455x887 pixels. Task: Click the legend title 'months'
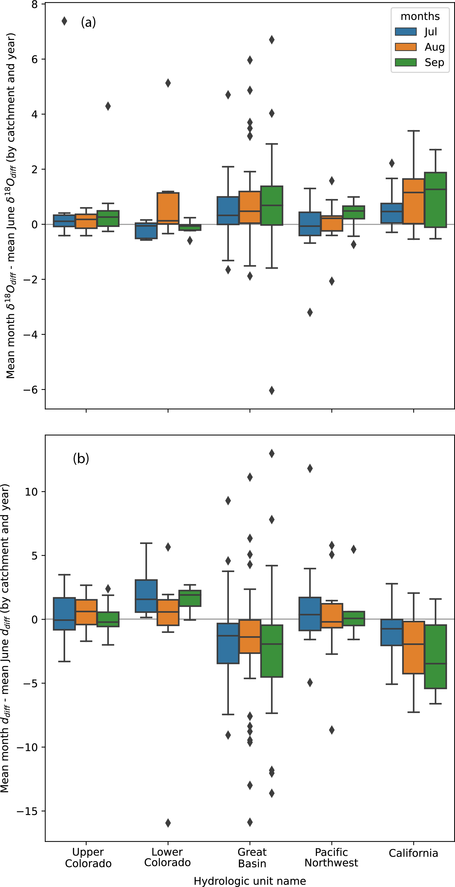[420, 16]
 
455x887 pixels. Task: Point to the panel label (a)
[88, 22]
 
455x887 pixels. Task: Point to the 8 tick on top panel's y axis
[34, 5]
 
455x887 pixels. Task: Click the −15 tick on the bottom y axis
[27, 811]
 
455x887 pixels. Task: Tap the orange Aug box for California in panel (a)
[413, 201]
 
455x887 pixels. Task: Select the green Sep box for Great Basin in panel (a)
[272, 206]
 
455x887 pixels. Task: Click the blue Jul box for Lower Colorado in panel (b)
[146, 596]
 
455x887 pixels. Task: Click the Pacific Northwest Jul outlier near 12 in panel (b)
[310, 468]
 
